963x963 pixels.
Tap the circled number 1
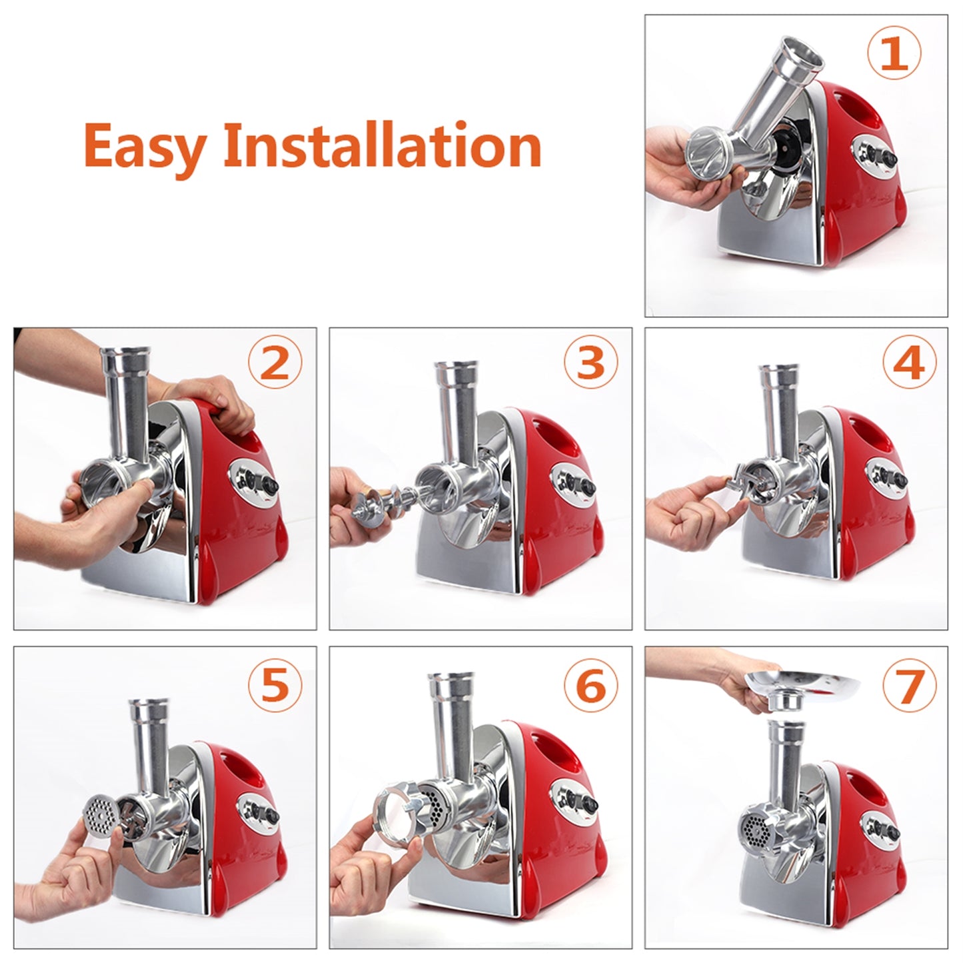pos(894,55)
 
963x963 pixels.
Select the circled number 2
pos(275,364)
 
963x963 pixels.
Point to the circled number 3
pos(590,364)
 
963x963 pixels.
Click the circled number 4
pos(909,364)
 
